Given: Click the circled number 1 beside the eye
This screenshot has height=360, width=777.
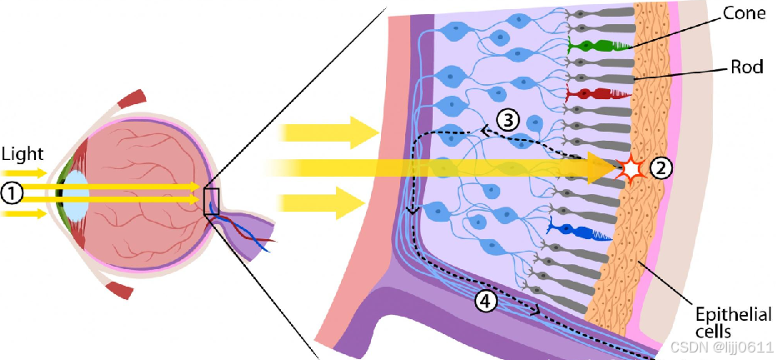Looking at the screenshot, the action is pos(11,192).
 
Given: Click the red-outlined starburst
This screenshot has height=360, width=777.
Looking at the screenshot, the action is pos(631,169).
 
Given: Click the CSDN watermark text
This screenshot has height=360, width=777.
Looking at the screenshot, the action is pos(719,345).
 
